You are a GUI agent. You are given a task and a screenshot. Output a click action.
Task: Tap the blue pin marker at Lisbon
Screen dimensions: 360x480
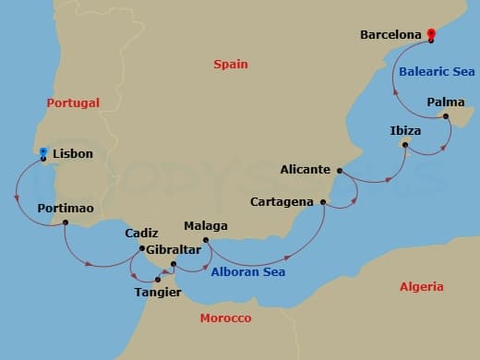click(x=43, y=150)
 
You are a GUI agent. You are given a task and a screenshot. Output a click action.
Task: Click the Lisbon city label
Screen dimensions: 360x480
click(x=73, y=154)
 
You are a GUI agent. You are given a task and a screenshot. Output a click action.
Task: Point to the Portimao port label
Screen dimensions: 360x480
click(x=66, y=209)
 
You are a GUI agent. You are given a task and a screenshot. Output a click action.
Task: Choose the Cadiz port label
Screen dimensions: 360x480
click(x=142, y=234)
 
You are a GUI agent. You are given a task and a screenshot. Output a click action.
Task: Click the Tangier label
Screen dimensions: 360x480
click(x=158, y=294)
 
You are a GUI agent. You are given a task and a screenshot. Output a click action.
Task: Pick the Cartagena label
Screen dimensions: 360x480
click(x=282, y=201)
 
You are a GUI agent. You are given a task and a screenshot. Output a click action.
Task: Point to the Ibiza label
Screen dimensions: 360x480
click(x=405, y=131)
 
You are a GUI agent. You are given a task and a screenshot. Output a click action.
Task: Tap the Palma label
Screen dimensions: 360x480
click(x=446, y=102)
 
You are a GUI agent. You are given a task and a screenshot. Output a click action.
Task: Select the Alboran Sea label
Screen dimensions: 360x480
click(x=248, y=272)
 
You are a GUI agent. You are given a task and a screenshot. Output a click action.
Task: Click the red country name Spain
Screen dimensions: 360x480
click(x=230, y=65)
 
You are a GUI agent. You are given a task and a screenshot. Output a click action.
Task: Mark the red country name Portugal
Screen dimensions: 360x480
click(x=72, y=103)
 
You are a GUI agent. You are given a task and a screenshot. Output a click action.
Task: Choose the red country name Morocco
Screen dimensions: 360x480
click(x=225, y=318)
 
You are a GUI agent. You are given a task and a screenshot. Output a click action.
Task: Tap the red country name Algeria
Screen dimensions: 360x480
click(x=422, y=287)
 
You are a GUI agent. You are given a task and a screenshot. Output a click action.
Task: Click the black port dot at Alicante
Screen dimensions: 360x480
click(x=340, y=171)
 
